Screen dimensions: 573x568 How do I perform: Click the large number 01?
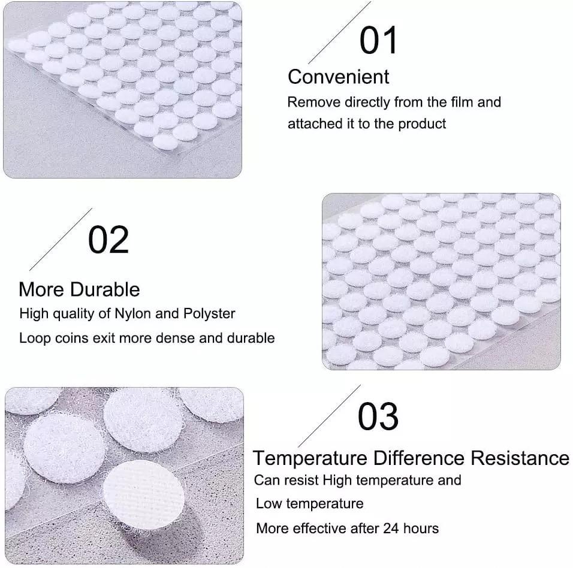point(378,40)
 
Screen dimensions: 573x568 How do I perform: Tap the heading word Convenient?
point(339,77)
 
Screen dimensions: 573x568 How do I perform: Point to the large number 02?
point(108,240)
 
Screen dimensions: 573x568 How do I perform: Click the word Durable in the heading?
point(105,289)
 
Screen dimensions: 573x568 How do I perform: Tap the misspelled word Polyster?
point(209,314)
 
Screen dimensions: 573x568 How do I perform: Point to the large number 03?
point(378,416)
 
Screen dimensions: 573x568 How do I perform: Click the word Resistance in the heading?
point(520,458)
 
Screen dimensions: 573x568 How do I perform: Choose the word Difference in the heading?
point(419,458)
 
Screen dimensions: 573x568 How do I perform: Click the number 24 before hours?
point(391,528)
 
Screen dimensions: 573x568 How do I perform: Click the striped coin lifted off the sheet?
point(144,494)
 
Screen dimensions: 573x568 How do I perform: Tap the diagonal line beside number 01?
point(339,32)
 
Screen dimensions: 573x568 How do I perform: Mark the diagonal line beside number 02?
point(61,239)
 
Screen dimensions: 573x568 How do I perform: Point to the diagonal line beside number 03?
point(329,416)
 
